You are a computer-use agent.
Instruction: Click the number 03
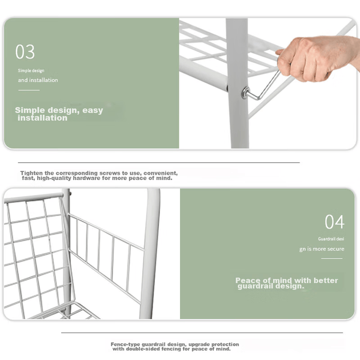pos(25,51)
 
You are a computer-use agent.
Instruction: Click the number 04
pos(334,222)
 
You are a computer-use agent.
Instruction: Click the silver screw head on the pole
pos(245,93)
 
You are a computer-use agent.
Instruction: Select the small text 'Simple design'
pos(31,70)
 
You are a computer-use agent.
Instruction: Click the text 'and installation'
pos(38,80)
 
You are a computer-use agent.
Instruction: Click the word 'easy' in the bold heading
pos(93,110)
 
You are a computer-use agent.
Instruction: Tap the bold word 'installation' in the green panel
pos(42,118)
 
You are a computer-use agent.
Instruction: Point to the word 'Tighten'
pos(31,173)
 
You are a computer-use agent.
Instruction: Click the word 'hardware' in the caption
pos(86,178)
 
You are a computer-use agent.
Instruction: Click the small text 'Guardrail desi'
pos(331,239)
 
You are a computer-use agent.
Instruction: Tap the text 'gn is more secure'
pos(322,249)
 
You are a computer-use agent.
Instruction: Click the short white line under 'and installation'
pos(29,90)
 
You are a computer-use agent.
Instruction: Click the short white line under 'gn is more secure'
pos(332,258)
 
